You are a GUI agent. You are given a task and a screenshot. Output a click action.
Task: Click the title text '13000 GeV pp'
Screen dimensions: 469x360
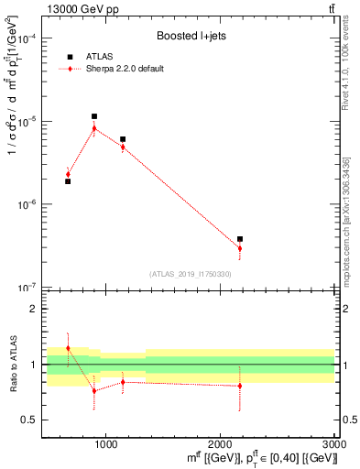tap(75, 9)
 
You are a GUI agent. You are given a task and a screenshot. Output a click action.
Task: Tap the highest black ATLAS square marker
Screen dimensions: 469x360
tap(94, 116)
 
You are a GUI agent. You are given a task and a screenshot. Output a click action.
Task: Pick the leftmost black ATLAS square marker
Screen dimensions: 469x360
tap(68, 181)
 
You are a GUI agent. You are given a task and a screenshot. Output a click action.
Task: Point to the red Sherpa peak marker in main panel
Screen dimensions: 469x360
tap(94, 128)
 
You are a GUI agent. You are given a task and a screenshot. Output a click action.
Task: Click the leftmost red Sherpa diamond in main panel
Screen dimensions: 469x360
tap(68, 174)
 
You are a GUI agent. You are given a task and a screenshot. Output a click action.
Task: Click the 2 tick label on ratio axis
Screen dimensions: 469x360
tap(34, 310)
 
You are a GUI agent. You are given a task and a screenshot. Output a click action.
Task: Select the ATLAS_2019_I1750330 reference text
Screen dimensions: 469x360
tap(191, 274)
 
